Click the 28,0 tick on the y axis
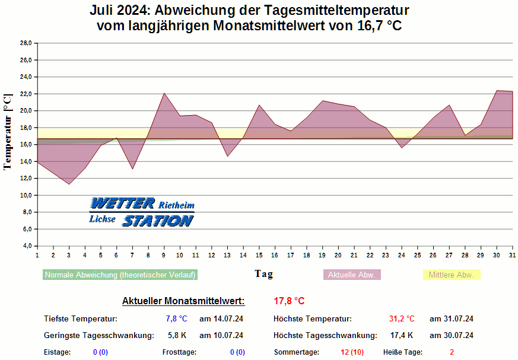[26, 43]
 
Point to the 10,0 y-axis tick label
[26, 195]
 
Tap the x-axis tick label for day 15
[259, 255]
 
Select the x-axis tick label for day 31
[512, 255]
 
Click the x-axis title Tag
[264, 273]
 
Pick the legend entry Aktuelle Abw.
[352, 275]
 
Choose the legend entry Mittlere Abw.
[451, 275]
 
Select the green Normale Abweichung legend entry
[120, 275]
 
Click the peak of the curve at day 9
[164, 93]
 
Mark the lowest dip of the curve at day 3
[69, 184]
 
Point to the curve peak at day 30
[497, 91]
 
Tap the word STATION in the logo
[158, 221]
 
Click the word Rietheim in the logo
[176, 205]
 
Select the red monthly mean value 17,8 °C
[289, 301]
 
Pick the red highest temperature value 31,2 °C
[402, 319]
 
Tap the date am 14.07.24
[221, 319]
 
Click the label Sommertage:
[296, 352]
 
